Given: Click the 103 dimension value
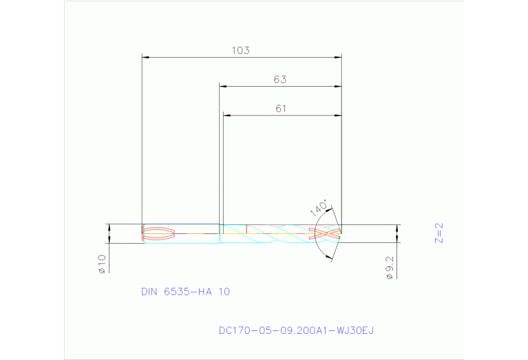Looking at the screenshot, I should click(x=240, y=50).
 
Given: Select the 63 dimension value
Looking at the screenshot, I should click(x=279, y=79).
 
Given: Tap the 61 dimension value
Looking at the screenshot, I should click(x=280, y=108).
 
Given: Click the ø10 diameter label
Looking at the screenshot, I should click(x=101, y=264).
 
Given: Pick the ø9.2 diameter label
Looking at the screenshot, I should click(x=390, y=266).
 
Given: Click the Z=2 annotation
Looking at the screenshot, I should click(x=439, y=233).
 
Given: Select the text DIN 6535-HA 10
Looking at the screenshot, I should click(x=185, y=291).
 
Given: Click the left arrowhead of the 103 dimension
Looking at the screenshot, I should click(x=145, y=57).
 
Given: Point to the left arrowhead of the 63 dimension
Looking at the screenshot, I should click(x=222, y=86).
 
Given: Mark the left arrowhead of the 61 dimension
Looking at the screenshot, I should click(x=226, y=115).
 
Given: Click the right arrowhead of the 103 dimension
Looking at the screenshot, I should click(x=339, y=57).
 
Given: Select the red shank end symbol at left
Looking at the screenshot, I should click(x=158, y=233).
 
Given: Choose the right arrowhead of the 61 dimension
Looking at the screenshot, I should click(x=339, y=115).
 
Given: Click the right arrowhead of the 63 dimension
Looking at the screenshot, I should click(x=339, y=86).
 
